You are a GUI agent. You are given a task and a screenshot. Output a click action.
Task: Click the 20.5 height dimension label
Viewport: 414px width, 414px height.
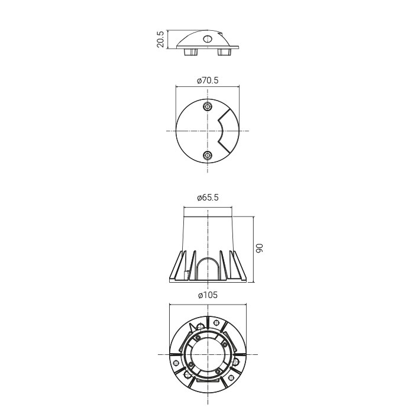click(x=160, y=39)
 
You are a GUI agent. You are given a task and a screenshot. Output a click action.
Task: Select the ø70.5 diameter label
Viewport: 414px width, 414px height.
click(x=208, y=80)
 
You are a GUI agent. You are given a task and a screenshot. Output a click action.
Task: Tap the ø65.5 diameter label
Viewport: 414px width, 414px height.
click(x=208, y=198)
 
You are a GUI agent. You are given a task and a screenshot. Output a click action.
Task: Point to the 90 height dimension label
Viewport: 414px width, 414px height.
click(x=260, y=248)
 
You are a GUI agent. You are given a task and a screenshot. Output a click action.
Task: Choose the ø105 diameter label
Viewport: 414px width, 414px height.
click(x=208, y=295)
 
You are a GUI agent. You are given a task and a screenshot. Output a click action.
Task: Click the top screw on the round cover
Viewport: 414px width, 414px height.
click(x=208, y=106)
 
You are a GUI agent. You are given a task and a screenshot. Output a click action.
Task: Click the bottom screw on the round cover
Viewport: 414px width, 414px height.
click(x=208, y=155)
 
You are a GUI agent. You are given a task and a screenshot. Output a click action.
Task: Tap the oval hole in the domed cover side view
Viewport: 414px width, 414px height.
click(x=207, y=39)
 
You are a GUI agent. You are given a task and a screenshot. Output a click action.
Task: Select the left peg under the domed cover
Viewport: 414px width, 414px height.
click(x=190, y=52)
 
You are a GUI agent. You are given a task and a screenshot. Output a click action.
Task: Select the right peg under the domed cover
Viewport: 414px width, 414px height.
click(x=224, y=52)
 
